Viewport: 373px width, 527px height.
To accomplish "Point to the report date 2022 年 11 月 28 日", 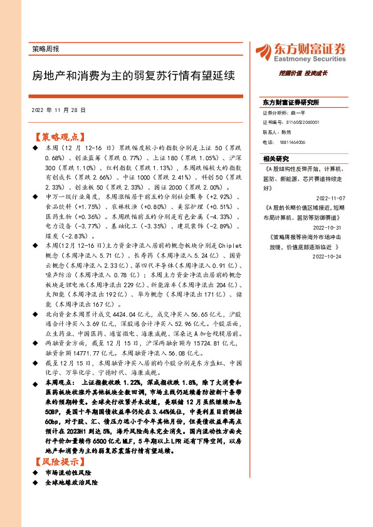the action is pos(58,110).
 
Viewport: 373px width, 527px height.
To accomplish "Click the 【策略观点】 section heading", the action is pos(57,136).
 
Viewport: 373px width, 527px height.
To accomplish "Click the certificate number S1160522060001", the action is pos(300,123).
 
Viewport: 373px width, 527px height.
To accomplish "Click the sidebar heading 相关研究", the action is pos(276,158).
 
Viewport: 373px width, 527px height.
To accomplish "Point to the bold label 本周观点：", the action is pos(60,381).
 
